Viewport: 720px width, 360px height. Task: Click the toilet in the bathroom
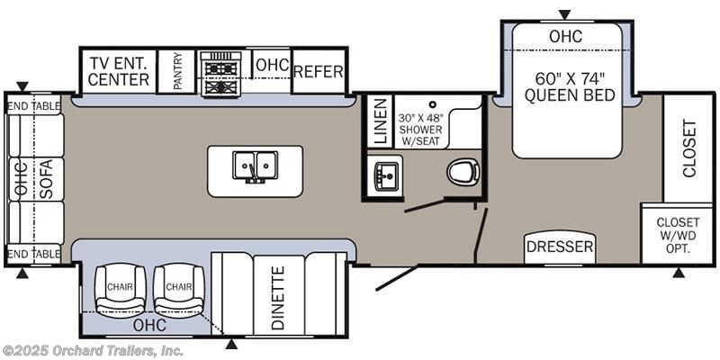coord(463,173)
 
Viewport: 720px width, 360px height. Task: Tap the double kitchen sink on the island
coord(255,166)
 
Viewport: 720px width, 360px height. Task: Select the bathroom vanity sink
coord(385,175)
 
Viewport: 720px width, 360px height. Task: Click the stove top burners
coord(220,74)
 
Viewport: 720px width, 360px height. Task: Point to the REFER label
coord(319,72)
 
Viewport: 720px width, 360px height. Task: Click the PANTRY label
coord(177,70)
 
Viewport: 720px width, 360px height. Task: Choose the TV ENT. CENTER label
coord(119,71)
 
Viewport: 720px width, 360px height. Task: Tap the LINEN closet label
coord(381,121)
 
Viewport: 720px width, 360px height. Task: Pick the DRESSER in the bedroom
coord(560,247)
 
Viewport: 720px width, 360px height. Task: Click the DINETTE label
coord(278,298)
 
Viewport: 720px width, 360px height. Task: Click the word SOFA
coord(47,178)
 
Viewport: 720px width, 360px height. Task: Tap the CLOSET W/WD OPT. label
coord(678,236)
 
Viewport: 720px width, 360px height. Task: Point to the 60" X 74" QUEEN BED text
coord(570,86)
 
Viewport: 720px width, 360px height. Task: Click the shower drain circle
coord(432,104)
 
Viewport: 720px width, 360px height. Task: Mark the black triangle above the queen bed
coord(564,14)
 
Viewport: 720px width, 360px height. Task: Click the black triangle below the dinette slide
coord(232,344)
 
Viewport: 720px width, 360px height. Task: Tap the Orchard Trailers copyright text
coord(92,352)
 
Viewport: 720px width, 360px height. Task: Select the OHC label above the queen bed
coord(566,36)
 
